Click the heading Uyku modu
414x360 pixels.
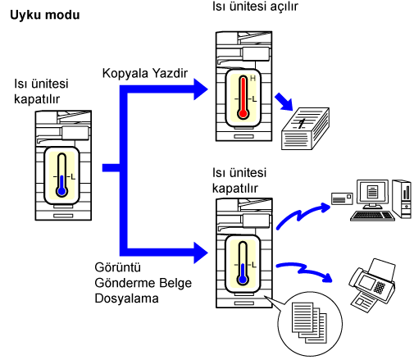coord(45,15)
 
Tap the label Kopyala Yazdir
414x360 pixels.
coord(145,73)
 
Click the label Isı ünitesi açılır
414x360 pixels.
coord(255,7)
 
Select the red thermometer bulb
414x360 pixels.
coord(243,113)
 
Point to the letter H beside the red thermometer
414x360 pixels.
coord(252,79)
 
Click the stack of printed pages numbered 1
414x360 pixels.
coord(305,129)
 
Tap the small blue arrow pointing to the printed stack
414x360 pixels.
coord(284,102)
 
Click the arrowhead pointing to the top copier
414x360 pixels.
coord(201,89)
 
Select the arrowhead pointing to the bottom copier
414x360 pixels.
coord(201,253)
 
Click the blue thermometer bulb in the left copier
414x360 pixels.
coord(62,191)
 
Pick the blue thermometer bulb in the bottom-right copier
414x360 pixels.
coord(243,280)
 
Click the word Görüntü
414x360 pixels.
coord(118,267)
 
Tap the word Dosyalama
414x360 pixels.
coord(126,298)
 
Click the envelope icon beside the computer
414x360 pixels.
coord(342,198)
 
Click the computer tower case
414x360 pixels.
coord(402,199)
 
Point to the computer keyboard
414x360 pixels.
coord(372,216)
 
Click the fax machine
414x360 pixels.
coord(372,285)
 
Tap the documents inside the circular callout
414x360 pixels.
coord(309,322)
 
